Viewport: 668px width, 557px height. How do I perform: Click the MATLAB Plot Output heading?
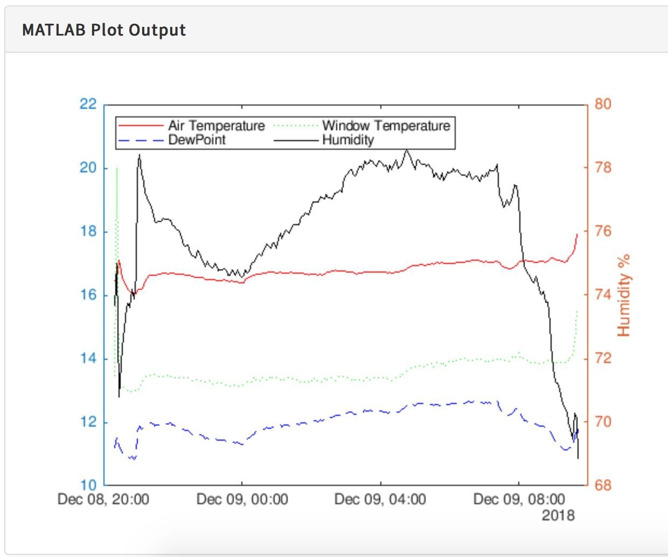104,30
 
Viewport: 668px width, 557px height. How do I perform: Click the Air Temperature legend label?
217,126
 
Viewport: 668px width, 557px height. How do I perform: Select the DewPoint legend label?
197,140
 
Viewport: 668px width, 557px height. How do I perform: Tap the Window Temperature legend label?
386,126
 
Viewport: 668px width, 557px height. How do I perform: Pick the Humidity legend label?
348,140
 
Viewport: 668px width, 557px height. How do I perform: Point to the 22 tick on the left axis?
88,104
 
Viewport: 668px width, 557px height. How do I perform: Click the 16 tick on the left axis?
88,295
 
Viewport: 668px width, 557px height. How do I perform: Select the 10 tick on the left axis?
88,485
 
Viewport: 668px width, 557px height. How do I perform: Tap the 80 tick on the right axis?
603,104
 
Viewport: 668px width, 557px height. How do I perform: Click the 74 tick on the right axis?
603,295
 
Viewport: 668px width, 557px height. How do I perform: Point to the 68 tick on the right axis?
603,485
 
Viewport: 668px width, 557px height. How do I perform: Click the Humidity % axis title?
623,296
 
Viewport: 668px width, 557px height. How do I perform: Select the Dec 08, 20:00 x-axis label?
103,499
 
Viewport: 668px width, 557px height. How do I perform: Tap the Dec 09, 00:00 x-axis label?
242,499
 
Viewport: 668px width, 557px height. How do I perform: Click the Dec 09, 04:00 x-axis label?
380,499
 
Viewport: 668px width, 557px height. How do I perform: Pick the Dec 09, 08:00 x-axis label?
519,499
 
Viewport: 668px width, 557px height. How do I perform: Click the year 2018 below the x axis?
558,516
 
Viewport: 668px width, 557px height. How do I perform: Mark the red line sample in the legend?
141,126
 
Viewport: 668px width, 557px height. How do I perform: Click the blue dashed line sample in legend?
141,140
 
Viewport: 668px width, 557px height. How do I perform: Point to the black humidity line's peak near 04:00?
407,151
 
